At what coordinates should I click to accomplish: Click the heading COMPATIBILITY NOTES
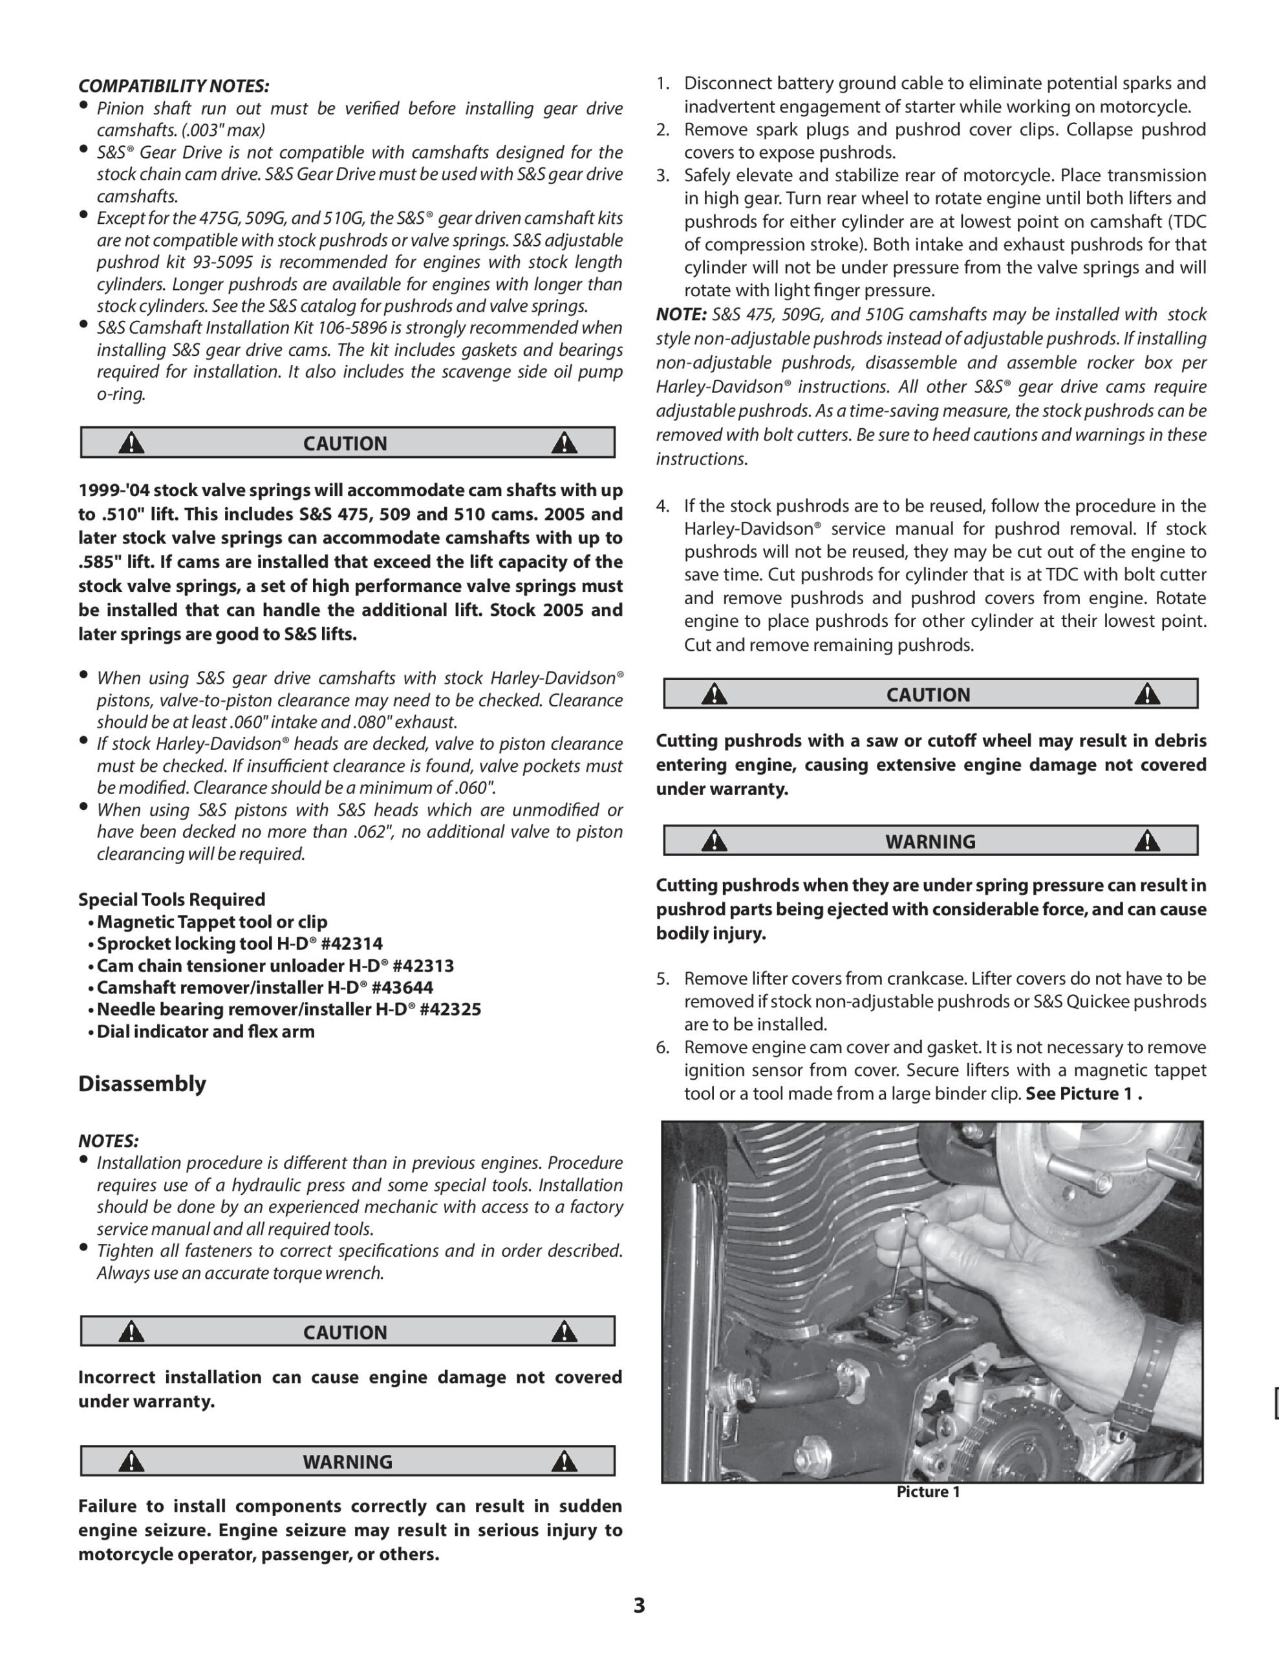[174, 85]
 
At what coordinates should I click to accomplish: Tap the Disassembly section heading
[142, 1084]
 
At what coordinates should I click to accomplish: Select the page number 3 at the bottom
[639, 1605]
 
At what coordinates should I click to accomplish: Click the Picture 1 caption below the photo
[928, 1492]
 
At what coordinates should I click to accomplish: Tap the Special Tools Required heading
[171, 899]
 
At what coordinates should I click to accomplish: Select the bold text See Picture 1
[1083, 1093]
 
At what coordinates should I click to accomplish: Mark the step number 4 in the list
[663, 506]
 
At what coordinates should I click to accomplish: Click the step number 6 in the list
[663, 1047]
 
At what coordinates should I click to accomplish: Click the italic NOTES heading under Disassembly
[109, 1140]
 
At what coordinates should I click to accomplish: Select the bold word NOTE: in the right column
[681, 314]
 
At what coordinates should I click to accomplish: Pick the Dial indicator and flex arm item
[206, 1031]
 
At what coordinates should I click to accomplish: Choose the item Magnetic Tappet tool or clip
[211, 922]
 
